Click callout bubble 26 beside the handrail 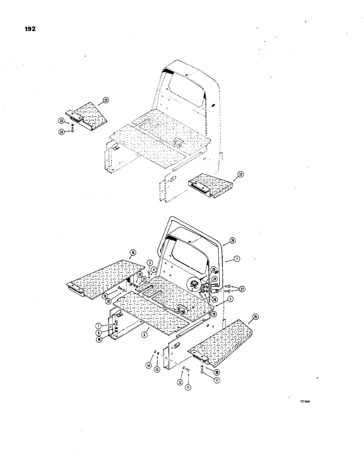(x=232, y=241)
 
